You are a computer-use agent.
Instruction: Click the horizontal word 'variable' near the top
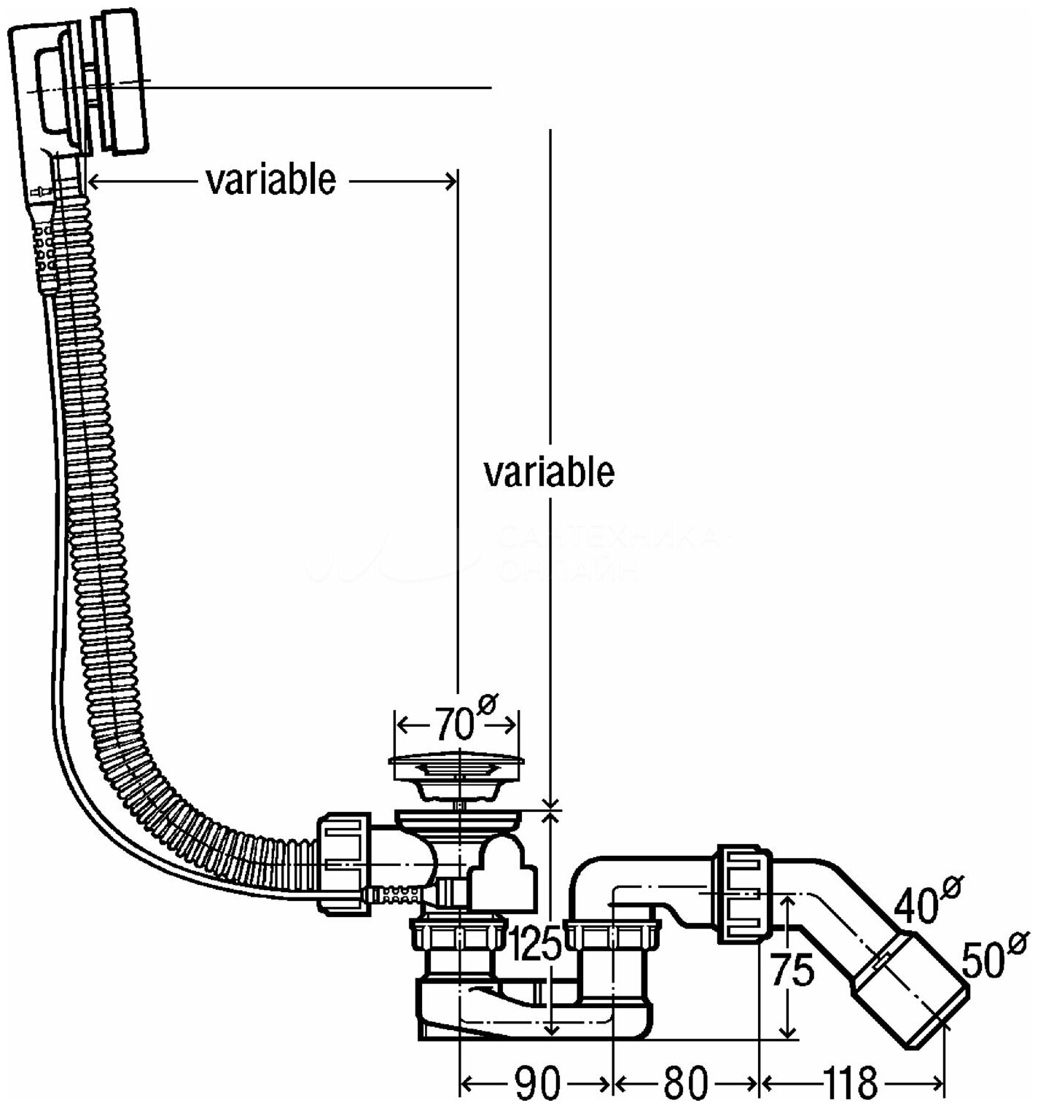270,179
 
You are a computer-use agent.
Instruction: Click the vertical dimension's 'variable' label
549,472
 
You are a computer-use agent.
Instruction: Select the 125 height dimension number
535,945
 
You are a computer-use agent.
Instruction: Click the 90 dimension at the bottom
538,1082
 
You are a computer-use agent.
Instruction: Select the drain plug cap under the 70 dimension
456,765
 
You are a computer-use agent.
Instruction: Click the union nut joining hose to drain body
343,863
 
